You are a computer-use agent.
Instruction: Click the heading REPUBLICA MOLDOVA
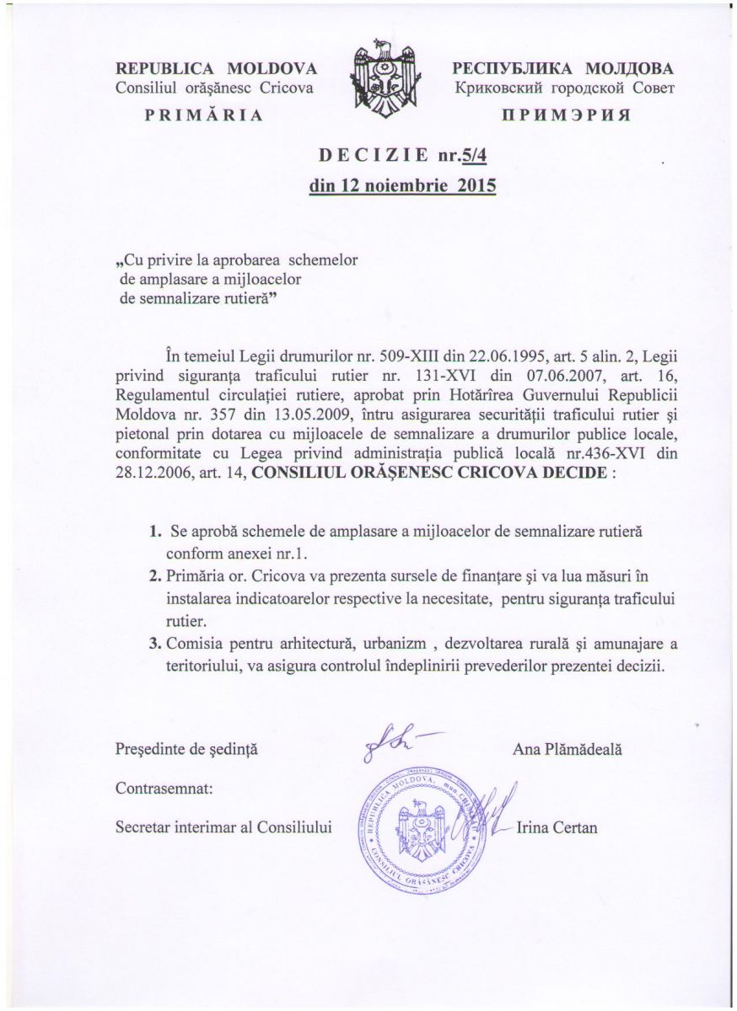pos(216,68)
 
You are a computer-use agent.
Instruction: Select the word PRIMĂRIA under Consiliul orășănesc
pos(203,115)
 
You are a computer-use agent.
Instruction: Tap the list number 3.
pos(154,644)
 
